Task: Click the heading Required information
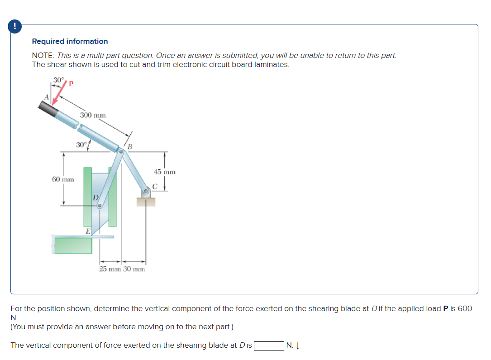click(x=70, y=41)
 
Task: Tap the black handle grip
click(x=48, y=109)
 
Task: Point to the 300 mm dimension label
click(x=93, y=115)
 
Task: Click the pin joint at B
click(x=121, y=152)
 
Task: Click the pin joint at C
click(x=146, y=192)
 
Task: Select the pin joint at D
click(x=100, y=206)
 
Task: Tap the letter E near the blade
click(x=88, y=231)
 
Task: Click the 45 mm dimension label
click(x=164, y=172)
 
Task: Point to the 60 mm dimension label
click(x=63, y=179)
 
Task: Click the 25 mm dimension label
click(x=110, y=269)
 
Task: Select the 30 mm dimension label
click(x=134, y=269)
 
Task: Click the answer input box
click(x=269, y=346)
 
